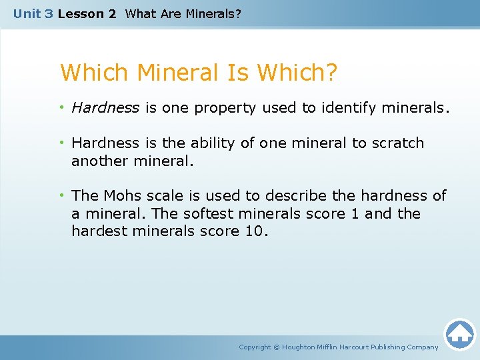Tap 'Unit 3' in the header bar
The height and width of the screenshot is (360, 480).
coord(33,13)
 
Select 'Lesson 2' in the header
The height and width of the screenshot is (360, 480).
coord(87,13)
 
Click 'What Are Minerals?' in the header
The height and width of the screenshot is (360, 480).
coord(183,13)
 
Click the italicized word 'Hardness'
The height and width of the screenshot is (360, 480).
coord(105,108)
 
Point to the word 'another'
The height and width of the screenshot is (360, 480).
coord(100,161)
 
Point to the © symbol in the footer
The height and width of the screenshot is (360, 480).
coord(277,347)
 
